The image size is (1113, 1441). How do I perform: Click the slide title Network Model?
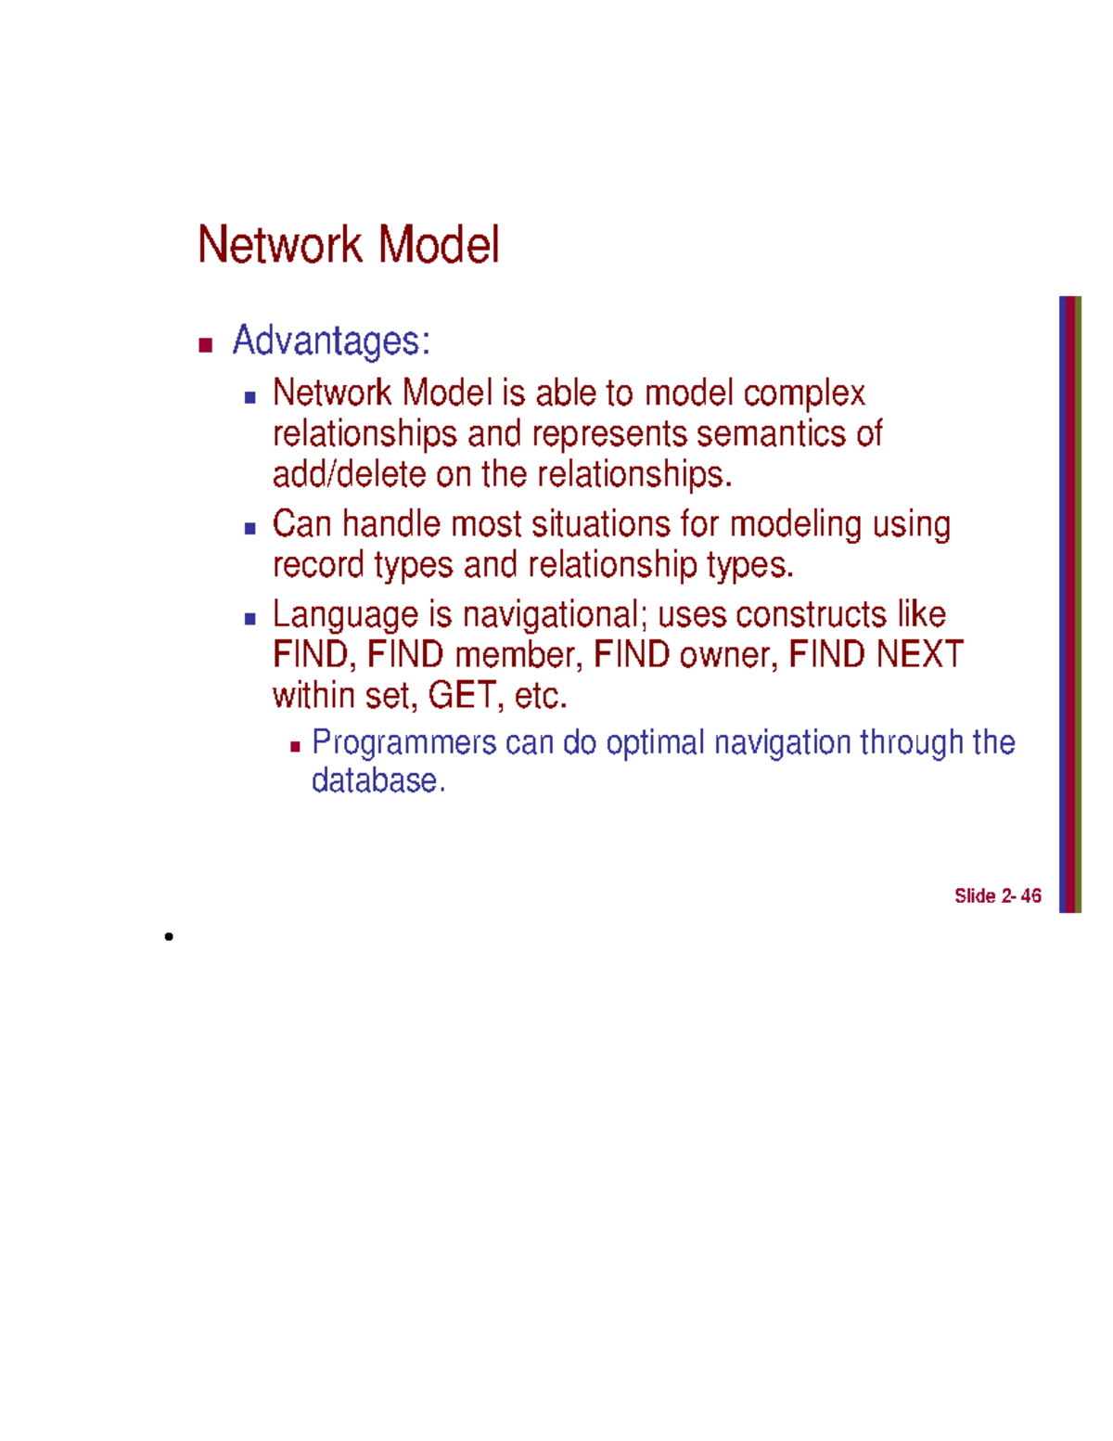[348, 245]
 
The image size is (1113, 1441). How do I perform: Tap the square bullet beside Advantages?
[206, 346]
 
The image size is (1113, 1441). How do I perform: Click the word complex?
[804, 393]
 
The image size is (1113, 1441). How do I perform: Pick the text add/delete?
[349, 474]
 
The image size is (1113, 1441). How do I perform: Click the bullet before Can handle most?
[249, 529]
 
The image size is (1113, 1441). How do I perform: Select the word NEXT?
[919, 655]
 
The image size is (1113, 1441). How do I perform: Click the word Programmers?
[404, 742]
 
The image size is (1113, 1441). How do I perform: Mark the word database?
[377, 780]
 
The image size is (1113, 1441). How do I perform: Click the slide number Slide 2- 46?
[997, 895]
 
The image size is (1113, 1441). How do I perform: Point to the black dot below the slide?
[169, 936]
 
